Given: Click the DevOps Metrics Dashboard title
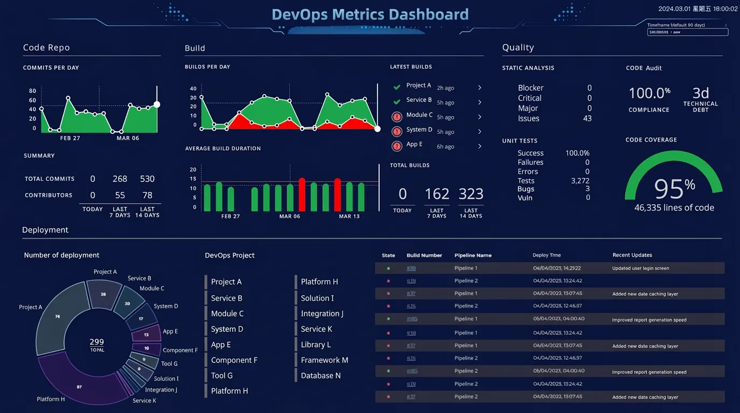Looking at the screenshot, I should [x=370, y=15].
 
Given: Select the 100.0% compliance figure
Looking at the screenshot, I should [x=649, y=93].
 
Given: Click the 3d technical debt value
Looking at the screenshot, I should [x=700, y=92].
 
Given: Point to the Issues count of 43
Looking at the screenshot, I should [x=587, y=118].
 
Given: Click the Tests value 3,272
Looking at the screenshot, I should [x=580, y=181].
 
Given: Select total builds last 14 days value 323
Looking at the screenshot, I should [x=471, y=194].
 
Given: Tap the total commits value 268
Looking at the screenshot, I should [x=119, y=179].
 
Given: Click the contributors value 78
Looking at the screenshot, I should [x=147, y=195].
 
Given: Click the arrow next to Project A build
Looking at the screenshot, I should [x=480, y=88].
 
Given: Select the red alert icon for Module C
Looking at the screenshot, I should [x=397, y=117].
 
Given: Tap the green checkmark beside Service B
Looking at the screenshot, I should [x=397, y=102].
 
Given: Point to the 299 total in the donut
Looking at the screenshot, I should [x=97, y=342].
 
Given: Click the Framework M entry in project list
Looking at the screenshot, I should [x=324, y=360].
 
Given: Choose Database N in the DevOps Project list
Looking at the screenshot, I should [x=321, y=376].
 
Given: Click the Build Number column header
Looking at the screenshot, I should [x=424, y=255].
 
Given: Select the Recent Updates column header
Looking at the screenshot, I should [x=632, y=255].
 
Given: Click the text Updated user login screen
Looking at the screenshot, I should [x=641, y=268].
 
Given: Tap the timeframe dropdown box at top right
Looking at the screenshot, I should [x=687, y=32].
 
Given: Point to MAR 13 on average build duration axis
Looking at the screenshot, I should [x=349, y=216].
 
